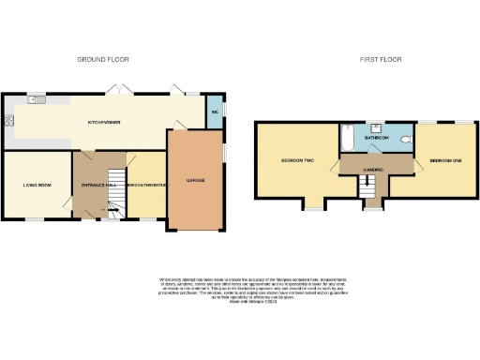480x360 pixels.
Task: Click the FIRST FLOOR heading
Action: click(380, 59)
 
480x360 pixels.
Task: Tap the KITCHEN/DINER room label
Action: click(103, 122)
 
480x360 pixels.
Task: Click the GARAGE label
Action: click(195, 180)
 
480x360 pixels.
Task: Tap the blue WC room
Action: click(215, 113)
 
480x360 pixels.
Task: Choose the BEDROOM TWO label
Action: click(296, 160)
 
